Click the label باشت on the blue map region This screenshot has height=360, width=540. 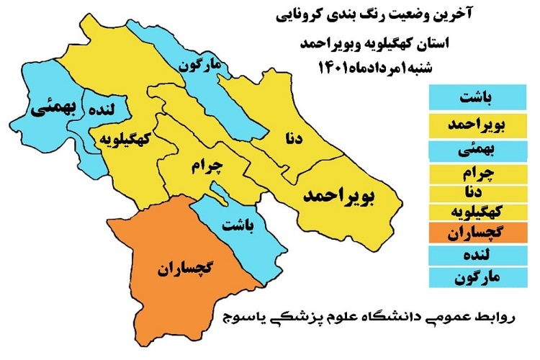pos(237,225)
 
